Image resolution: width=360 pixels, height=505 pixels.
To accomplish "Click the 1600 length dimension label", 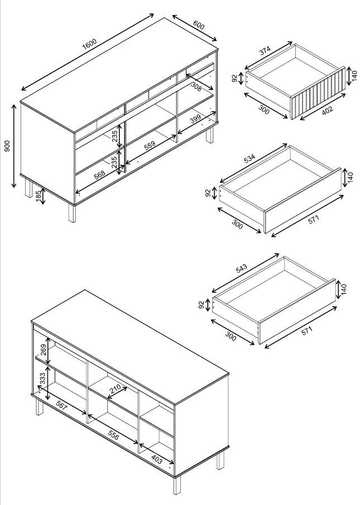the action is pyautogui.click(x=89, y=44).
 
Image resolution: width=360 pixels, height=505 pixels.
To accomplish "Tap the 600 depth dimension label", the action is pyautogui.click(x=199, y=25).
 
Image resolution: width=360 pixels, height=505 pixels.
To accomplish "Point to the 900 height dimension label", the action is pyautogui.click(x=7, y=146).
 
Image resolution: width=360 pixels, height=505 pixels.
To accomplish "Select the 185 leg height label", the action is pyautogui.click(x=39, y=197).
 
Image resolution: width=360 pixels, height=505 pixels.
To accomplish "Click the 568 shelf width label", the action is pyautogui.click(x=100, y=174).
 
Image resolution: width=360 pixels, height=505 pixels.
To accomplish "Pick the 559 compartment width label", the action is pyautogui.click(x=150, y=146).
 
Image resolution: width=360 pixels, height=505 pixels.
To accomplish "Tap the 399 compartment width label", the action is pyautogui.click(x=195, y=119).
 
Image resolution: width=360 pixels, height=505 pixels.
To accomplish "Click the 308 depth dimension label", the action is pyautogui.click(x=196, y=87).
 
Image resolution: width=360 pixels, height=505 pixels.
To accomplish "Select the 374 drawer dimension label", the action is pyautogui.click(x=265, y=51).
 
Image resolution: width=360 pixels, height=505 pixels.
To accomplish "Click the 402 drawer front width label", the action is pyautogui.click(x=328, y=111).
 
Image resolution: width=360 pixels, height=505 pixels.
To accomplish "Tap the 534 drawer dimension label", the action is pyautogui.click(x=249, y=159).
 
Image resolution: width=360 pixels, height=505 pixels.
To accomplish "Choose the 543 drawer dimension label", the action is pyautogui.click(x=241, y=268).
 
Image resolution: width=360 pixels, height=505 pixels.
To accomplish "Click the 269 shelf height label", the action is pyautogui.click(x=44, y=350).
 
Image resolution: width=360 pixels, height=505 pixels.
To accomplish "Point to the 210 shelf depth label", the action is pyautogui.click(x=115, y=389).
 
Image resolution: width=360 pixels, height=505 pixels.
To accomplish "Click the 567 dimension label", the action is pyautogui.click(x=61, y=405).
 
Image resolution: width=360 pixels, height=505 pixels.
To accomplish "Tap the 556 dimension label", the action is pyautogui.click(x=113, y=435).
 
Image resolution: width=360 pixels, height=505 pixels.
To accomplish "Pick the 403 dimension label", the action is pyautogui.click(x=156, y=459).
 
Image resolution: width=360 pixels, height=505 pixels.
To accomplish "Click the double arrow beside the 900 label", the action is pyautogui.click(x=14, y=146).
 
